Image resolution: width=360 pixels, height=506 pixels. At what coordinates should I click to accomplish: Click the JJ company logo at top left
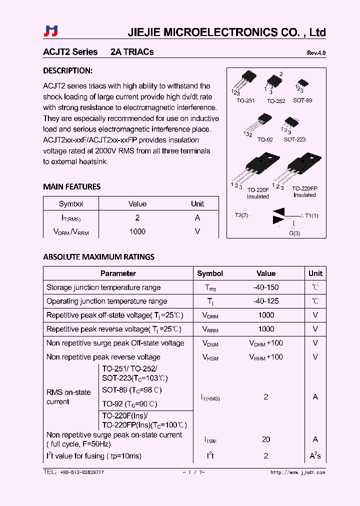(x=51, y=31)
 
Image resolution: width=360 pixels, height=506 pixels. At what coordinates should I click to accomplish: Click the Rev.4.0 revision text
(x=316, y=53)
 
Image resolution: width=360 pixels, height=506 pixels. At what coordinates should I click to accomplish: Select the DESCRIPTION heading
(x=67, y=70)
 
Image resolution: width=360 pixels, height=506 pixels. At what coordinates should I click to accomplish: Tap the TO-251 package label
(x=245, y=100)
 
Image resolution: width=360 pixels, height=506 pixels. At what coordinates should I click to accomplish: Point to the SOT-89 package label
(x=302, y=100)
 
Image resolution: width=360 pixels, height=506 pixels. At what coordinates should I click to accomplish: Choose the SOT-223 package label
(x=294, y=139)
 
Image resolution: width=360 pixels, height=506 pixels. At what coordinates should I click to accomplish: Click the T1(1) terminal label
(x=311, y=215)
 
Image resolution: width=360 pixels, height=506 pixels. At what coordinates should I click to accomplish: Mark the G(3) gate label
(x=294, y=233)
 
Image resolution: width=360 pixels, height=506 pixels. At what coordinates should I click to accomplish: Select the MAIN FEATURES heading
(x=71, y=186)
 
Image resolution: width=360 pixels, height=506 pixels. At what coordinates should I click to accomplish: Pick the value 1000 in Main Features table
(x=137, y=231)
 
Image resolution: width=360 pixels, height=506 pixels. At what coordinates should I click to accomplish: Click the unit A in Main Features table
(x=197, y=217)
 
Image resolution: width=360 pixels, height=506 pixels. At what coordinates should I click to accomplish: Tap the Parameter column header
(x=118, y=273)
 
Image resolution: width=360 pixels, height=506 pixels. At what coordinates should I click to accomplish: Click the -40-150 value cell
(x=266, y=287)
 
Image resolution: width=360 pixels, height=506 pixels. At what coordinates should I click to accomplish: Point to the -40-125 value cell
(x=266, y=301)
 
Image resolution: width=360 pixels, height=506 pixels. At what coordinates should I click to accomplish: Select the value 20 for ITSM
(x=266, y=439)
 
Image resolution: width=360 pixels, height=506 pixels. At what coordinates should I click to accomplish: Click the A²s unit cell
(x=315, y=455)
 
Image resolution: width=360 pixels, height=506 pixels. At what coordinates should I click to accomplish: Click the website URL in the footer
(x=297, y=472)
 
